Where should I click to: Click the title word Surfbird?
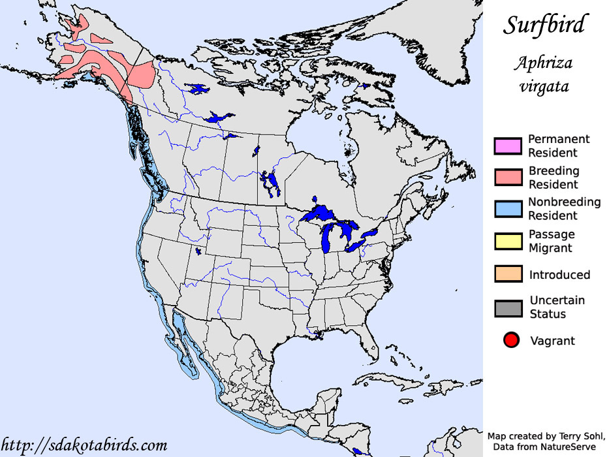pos(544,25)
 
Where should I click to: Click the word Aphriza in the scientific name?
pos(542,64)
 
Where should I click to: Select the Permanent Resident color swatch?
pos(508,146)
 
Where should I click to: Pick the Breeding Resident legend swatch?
pos(508,178)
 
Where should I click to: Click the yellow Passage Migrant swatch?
pos(508,241)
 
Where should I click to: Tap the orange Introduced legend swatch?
pos(508,275)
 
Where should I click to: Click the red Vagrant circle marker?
pos(511,340)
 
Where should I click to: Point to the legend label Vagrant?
pos(552,341)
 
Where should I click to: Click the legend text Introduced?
pos(559,275)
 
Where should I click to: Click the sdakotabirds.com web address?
pos(84,445)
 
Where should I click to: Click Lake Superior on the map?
pos(322,213)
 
